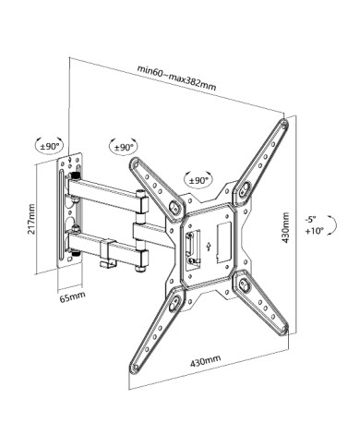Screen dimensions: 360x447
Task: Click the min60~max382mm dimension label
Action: point(176,78)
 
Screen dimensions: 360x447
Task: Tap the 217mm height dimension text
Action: point(32,218)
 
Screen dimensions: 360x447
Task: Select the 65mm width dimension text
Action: point(73,296)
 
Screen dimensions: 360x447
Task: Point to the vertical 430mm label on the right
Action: point(286,227)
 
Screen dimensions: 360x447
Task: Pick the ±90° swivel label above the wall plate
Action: point(50,146)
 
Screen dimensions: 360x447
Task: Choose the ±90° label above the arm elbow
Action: point(124,147)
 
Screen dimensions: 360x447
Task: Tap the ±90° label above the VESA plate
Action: point(198,180)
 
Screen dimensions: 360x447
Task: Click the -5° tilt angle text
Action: point(310,220)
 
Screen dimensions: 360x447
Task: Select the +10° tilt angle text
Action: point(315,230)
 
